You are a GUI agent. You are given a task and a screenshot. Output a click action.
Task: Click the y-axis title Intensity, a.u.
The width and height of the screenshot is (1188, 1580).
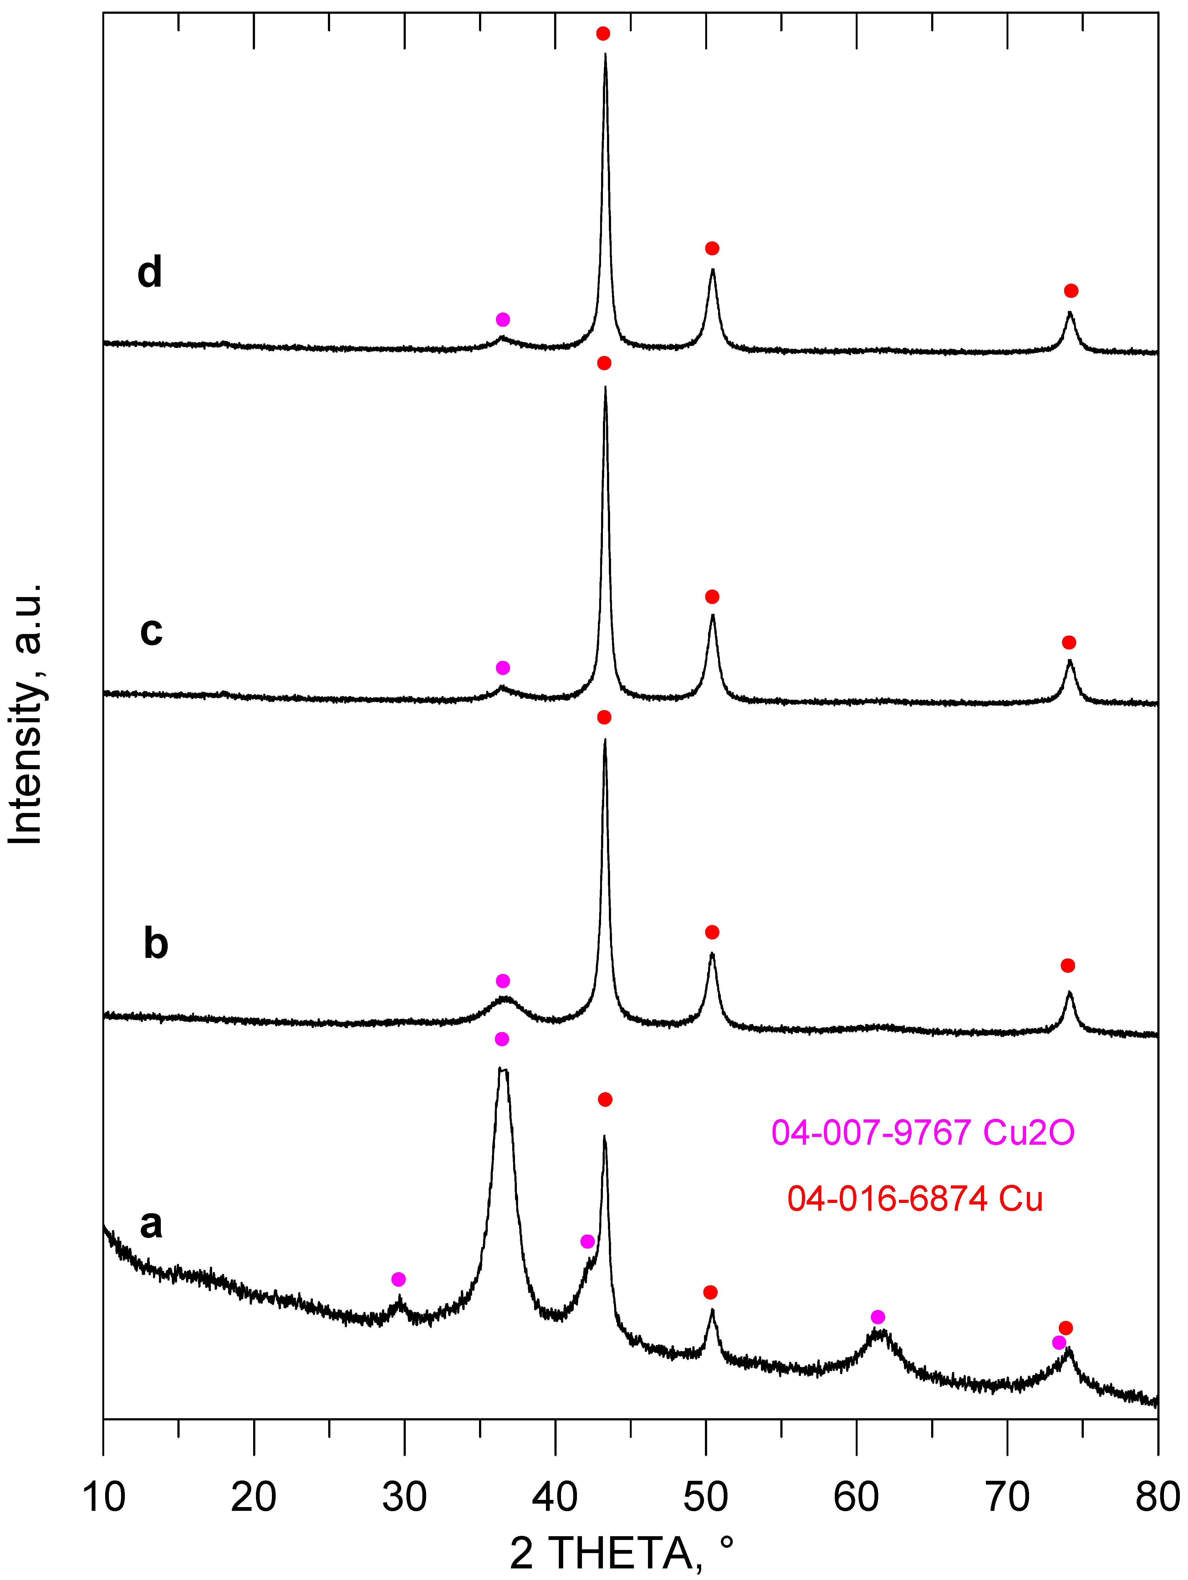pos(27,714)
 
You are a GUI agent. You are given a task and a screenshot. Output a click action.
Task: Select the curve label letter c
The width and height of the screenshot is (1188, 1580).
pos(151,631)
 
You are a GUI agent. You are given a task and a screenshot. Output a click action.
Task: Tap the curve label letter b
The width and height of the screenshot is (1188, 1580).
pos(156,943)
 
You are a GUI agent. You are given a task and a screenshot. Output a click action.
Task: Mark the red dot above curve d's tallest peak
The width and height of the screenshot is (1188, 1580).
pos(603,33)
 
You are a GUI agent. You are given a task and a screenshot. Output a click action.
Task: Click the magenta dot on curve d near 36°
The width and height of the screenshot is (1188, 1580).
pos(503,319)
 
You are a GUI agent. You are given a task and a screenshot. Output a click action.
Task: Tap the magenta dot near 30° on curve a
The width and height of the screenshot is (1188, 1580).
pos(399,1279)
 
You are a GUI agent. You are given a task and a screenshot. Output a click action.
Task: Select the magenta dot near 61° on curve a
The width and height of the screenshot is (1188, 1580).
pos(878,1317)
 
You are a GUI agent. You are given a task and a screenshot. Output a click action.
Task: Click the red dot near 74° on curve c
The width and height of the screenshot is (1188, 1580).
pos(1069,643)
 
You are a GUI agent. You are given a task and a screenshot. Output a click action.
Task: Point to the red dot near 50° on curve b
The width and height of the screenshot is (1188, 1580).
pos(711,932)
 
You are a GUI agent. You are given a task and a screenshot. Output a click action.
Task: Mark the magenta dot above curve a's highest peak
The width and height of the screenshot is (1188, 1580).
pos(502,1039)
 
